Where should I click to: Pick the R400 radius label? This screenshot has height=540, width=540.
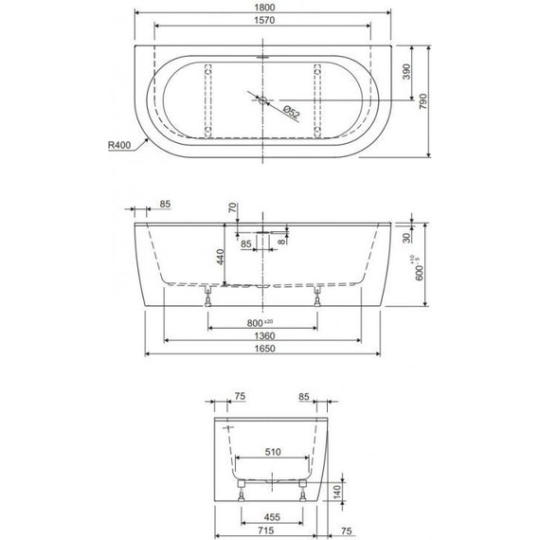coord(120,146)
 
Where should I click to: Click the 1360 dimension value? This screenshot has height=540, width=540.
coord(265,337)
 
